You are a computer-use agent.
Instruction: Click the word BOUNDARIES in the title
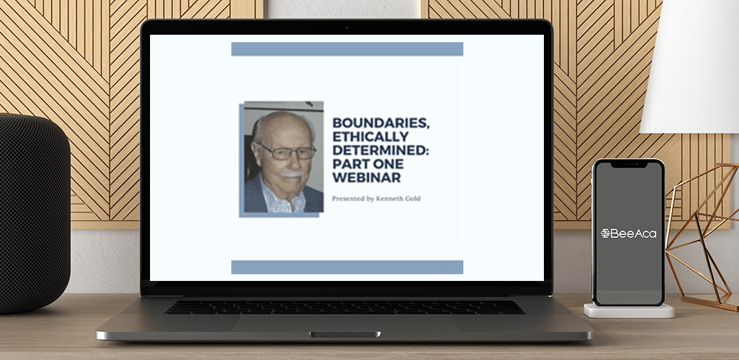coord(381,123)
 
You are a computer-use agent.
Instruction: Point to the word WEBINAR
coord(367,177)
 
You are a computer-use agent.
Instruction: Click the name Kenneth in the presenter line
coord(387,198)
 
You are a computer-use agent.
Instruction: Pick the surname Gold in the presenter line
coord(412,198)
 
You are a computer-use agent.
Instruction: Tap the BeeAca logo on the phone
coord(628,234)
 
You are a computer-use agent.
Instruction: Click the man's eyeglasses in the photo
coord(286,152)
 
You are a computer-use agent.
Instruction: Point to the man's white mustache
coord(290,174)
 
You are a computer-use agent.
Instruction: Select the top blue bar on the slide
coord(347,49)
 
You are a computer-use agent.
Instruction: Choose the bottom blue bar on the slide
coord(347,267)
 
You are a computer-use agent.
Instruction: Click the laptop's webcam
coord(347,27)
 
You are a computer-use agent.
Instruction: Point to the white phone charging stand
coord(629,310)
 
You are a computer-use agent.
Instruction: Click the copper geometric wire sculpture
coord(702,236)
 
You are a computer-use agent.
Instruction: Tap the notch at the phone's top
coord(629,165)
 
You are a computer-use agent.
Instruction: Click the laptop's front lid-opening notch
coord(345,335)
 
